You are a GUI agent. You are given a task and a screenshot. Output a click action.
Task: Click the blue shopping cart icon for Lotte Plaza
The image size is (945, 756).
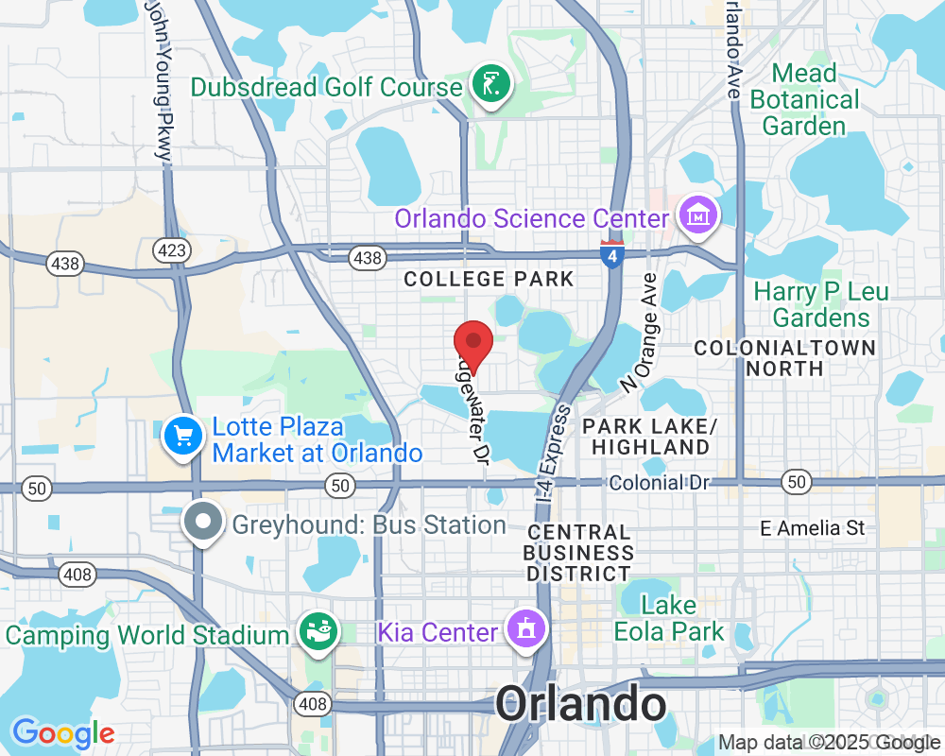(182, 437)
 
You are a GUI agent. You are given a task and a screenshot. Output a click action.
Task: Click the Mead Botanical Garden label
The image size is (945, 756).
(803, 99)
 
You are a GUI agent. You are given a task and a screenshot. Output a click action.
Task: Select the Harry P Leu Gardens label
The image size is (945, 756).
(820, 304)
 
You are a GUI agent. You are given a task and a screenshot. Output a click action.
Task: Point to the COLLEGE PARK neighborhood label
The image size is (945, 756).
(489, 279)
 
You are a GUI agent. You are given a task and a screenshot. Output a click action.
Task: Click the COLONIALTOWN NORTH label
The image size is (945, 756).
(784, 357)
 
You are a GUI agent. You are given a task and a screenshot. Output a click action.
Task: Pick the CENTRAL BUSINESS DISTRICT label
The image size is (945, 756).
(578, 553)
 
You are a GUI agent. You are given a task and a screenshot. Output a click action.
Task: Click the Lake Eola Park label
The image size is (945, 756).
(669, 618)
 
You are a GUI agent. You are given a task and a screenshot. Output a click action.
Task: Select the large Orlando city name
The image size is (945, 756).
(581, 704)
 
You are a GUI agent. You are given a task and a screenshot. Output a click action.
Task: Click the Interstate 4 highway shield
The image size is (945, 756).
(611, 254)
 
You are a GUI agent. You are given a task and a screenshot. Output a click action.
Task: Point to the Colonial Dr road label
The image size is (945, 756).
(659, 483)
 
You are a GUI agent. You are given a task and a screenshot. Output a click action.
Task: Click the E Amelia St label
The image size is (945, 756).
(813, 528)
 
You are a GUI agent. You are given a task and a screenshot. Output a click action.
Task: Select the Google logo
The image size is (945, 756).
(63, 733)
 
